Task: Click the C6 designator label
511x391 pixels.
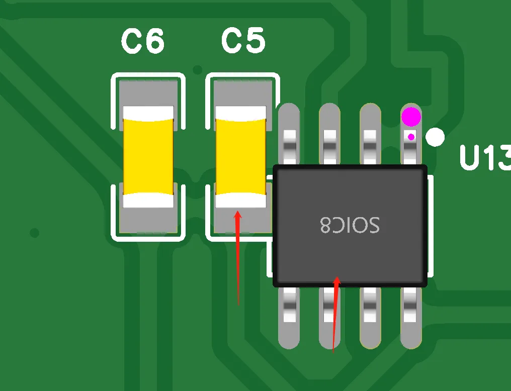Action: [143, 42]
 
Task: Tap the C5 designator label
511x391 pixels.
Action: [243, 42]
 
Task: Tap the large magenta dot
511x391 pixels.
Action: [411, 117]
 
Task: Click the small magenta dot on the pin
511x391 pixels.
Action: [411, 137]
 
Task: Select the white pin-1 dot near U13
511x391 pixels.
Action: [435, 137]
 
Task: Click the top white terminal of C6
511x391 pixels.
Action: [148, 113]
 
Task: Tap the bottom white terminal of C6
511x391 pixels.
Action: [148, 201]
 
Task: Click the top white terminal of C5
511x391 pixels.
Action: [240, 113]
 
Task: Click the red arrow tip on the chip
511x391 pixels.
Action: [337, 278]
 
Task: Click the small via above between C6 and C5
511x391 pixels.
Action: [198, 69]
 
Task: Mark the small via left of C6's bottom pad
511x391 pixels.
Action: [34, 233]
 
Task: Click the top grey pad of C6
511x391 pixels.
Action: [148, 93]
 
